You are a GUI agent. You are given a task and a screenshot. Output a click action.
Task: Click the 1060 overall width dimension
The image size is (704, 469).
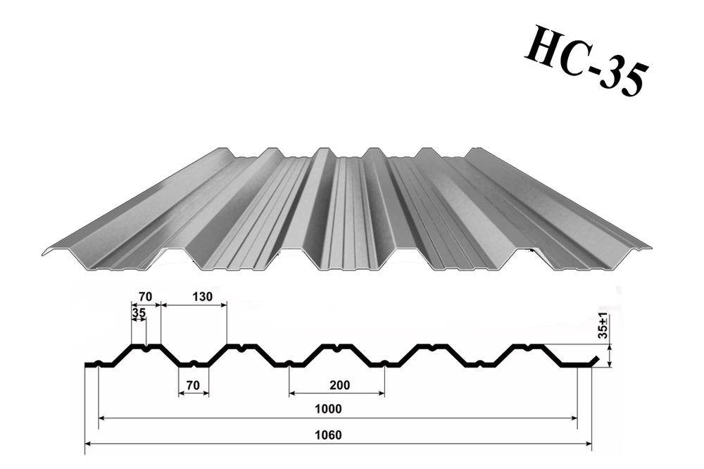coord(328,435)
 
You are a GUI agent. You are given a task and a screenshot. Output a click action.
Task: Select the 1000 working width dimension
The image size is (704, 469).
coord(328,409)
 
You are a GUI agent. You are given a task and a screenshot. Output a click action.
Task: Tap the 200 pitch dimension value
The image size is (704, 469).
coord(339,385)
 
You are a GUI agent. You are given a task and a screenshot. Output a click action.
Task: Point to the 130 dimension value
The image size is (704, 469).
coord(202,296)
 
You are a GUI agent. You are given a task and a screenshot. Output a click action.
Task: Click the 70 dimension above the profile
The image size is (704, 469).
coord(146,296)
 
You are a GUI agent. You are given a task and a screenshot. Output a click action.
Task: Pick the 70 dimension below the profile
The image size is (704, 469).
coord(193,385)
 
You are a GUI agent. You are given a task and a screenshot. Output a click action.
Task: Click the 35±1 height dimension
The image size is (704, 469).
coord(604,325)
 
